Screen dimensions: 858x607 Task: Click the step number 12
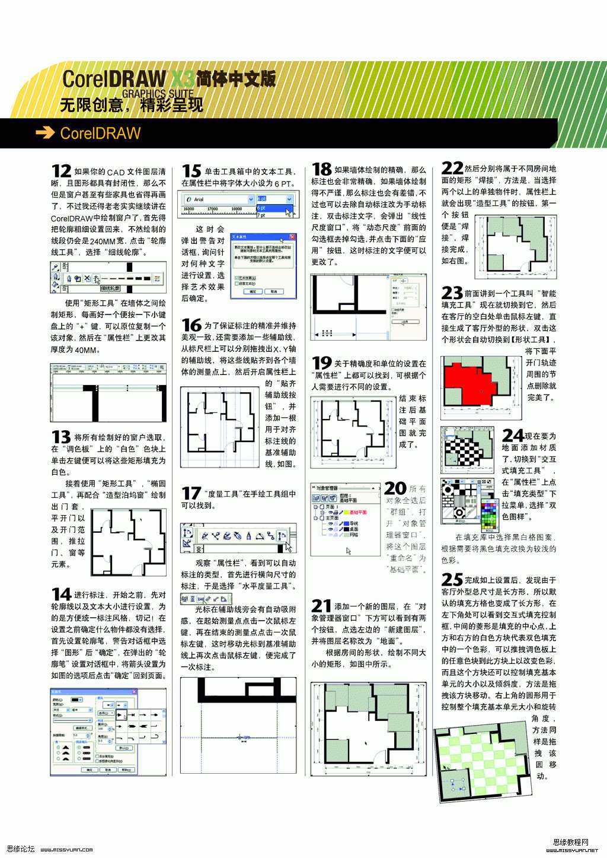click(61, 171)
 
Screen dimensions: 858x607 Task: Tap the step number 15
click(191, 171)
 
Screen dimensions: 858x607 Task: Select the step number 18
click(321, 170)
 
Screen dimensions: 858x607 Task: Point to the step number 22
click(452, 169)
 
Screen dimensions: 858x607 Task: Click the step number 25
click(452, 579)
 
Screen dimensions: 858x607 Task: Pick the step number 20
click(395, 488)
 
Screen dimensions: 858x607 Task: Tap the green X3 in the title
click(182, 78)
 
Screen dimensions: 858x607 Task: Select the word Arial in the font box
click(199, 199)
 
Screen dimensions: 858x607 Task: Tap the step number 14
click(61, 594)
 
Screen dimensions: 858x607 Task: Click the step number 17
click(191, 493)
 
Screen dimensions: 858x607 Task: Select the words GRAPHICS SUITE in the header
click(158, 94)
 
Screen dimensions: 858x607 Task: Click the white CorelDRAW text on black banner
click(100, 133)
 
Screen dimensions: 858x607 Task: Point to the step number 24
click(513, 436)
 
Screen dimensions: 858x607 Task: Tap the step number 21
click(321, 606)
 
